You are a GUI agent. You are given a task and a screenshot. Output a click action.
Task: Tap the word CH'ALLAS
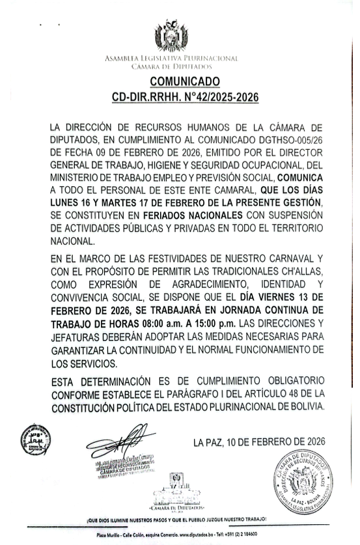pyautogui.click(x=299, y=270)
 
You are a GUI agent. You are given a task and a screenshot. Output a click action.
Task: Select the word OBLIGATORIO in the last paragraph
pyautogui.click(x=286, y=381)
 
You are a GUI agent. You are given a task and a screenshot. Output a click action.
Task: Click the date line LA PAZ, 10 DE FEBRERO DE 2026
pyautogui.click(x=259, y=443)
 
